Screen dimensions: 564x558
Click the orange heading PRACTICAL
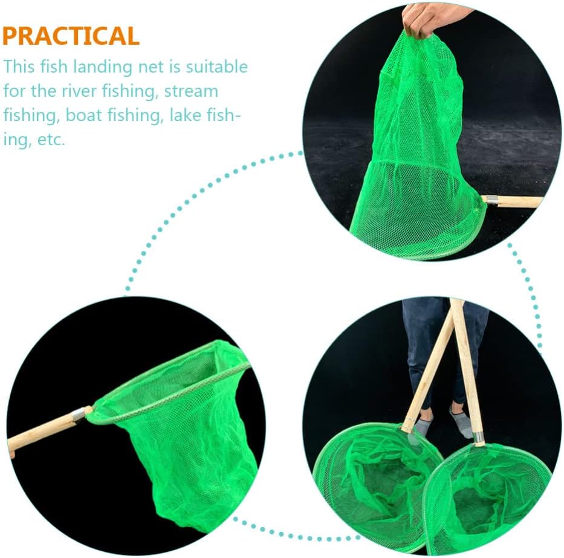point(71,36)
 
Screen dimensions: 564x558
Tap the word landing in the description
point(102,68)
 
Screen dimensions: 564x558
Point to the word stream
point(191,91)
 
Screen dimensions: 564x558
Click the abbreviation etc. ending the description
point(51,140)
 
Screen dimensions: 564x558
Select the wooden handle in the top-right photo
point(515,201)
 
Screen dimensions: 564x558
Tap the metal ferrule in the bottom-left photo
point(79,415)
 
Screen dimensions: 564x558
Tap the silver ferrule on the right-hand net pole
point(478,438)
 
